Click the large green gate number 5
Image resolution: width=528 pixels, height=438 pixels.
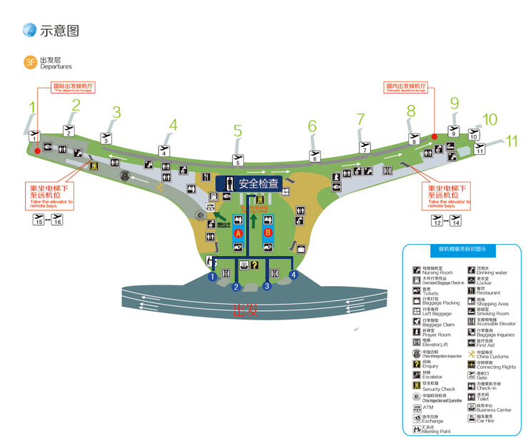point(238,131)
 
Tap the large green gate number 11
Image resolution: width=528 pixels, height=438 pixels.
point(512,141)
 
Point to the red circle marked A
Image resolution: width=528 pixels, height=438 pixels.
point(238,233)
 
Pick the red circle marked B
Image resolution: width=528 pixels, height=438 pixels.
point(268,233)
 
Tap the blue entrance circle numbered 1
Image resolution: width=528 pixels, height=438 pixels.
point(212,275)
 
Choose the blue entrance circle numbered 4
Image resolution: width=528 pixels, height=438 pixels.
point(293,275)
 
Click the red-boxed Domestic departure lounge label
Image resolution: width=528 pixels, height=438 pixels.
point(406,87)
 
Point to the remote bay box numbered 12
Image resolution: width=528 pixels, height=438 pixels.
point(438,222)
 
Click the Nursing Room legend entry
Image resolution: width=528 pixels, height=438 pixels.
point(435,270)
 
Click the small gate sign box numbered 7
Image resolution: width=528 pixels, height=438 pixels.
point(365,150)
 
